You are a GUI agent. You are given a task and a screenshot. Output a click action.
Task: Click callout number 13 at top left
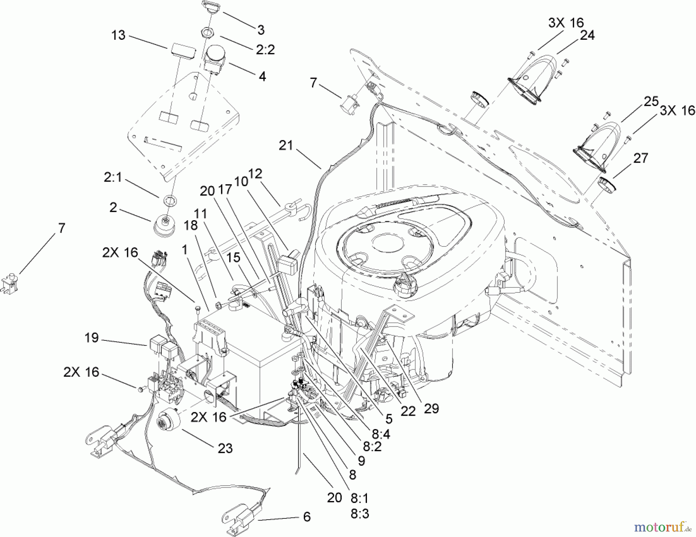[x=118, y=35]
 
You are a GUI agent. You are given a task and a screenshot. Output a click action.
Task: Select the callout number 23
[x=225, y=448]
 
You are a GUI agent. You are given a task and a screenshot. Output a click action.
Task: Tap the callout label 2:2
[x=265, y=50]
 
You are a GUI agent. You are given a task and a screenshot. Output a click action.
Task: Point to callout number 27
[x=640, y=158]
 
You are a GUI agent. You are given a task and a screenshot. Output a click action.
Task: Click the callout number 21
[x=286, y=146]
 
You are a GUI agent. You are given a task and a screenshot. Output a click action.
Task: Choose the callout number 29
[x=431, y=409]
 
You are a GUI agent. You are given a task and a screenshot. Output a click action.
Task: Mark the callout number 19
[x=92, y=338]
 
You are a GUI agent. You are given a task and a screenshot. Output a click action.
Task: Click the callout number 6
[x=307, y=517]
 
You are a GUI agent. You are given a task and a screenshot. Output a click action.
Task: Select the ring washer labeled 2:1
[x=169, y=200]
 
